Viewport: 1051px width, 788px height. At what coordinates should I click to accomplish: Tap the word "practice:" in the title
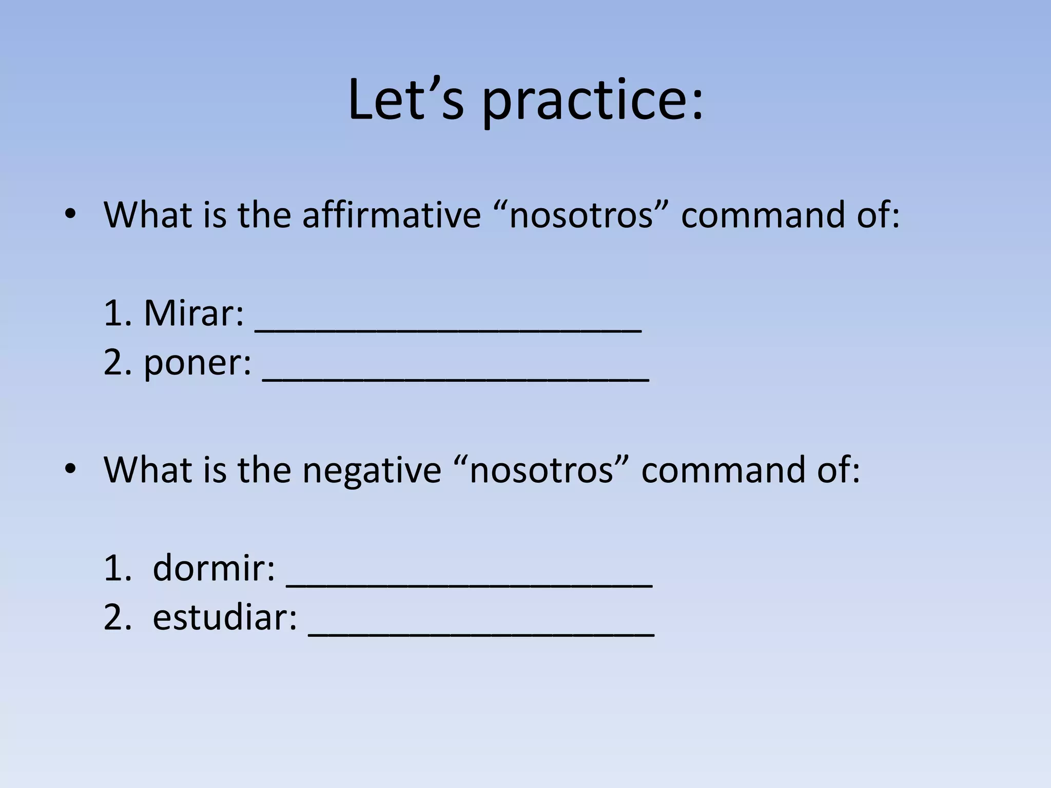coord(593,102)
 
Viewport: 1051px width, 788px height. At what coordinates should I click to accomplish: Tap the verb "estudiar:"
coord(225,617)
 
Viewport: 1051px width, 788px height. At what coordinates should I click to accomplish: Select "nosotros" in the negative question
coord(541,470)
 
